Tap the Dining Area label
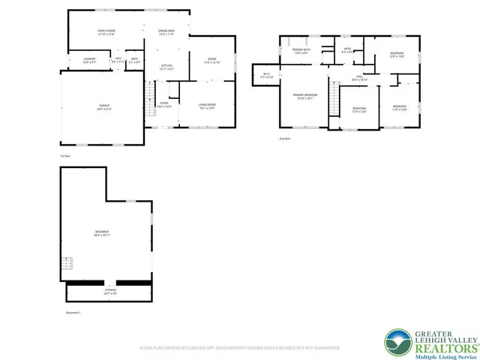tap(166, 32)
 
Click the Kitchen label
tap(166, 67)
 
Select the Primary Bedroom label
tap(304, 96)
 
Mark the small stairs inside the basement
tap(68, 264)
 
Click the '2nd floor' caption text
tap(284, 139)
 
